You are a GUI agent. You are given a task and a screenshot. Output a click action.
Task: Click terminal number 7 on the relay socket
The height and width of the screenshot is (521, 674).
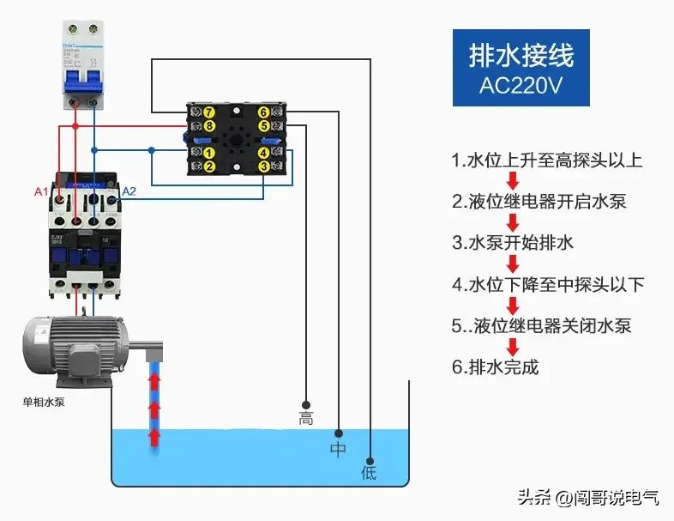(209, 112)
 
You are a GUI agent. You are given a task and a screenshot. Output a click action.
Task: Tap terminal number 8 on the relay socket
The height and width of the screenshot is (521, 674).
(209, 126)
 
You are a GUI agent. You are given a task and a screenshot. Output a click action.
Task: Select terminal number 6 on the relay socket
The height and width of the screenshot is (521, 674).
(263, 112)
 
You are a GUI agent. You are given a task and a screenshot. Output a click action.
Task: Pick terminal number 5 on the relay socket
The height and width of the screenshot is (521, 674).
(263, 126)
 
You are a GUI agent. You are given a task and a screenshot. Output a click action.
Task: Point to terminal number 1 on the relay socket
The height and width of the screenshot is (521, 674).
(209, 152)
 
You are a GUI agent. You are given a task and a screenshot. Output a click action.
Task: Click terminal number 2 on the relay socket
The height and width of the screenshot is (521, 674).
(209, 167)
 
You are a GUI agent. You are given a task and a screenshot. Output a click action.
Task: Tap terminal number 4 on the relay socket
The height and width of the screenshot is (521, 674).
(263, 152)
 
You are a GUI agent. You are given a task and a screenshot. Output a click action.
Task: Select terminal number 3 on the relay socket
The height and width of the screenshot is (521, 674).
(263, 167)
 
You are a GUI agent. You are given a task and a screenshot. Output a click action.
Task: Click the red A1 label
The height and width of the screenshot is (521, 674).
(40, 191)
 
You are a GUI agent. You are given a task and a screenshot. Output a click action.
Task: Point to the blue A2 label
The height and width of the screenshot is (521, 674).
(129, 191)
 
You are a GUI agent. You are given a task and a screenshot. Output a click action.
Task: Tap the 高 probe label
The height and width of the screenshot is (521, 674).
(305, 419)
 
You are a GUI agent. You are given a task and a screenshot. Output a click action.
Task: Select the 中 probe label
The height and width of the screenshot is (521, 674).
(338, 449)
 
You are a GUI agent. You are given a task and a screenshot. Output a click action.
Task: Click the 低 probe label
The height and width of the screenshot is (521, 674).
(369, 473)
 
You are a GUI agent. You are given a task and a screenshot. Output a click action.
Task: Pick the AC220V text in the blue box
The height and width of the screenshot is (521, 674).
(521, 86)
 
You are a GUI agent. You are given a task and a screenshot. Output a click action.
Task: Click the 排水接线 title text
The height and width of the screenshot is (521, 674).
(521, 56)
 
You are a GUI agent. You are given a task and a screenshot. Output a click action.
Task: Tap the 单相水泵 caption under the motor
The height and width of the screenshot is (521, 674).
(43, 401)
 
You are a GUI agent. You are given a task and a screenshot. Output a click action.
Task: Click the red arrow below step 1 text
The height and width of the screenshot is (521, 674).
(513, 181)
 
